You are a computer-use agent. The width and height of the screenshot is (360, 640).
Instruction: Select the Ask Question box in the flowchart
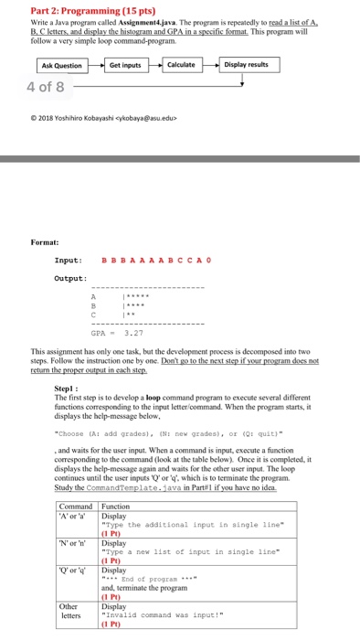click(x=61, y=65)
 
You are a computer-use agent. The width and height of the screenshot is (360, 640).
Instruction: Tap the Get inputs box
click(x=125, y=65)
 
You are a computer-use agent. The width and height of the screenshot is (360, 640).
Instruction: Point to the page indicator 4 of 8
click(x=46, y=88)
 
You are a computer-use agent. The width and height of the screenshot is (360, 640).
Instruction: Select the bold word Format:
click(x=46, y=241)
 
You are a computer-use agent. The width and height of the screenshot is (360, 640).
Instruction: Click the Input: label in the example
click(x=69, y=261)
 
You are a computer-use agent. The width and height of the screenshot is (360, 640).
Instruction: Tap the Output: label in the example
click(x=70, y=279)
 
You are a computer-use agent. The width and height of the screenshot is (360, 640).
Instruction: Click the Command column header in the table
click(x=76, y=505)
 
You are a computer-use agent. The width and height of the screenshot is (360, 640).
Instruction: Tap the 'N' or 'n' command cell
click(x=71, y=541)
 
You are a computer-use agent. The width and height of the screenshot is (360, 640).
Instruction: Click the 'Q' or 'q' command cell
click(x=71, y=570)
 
